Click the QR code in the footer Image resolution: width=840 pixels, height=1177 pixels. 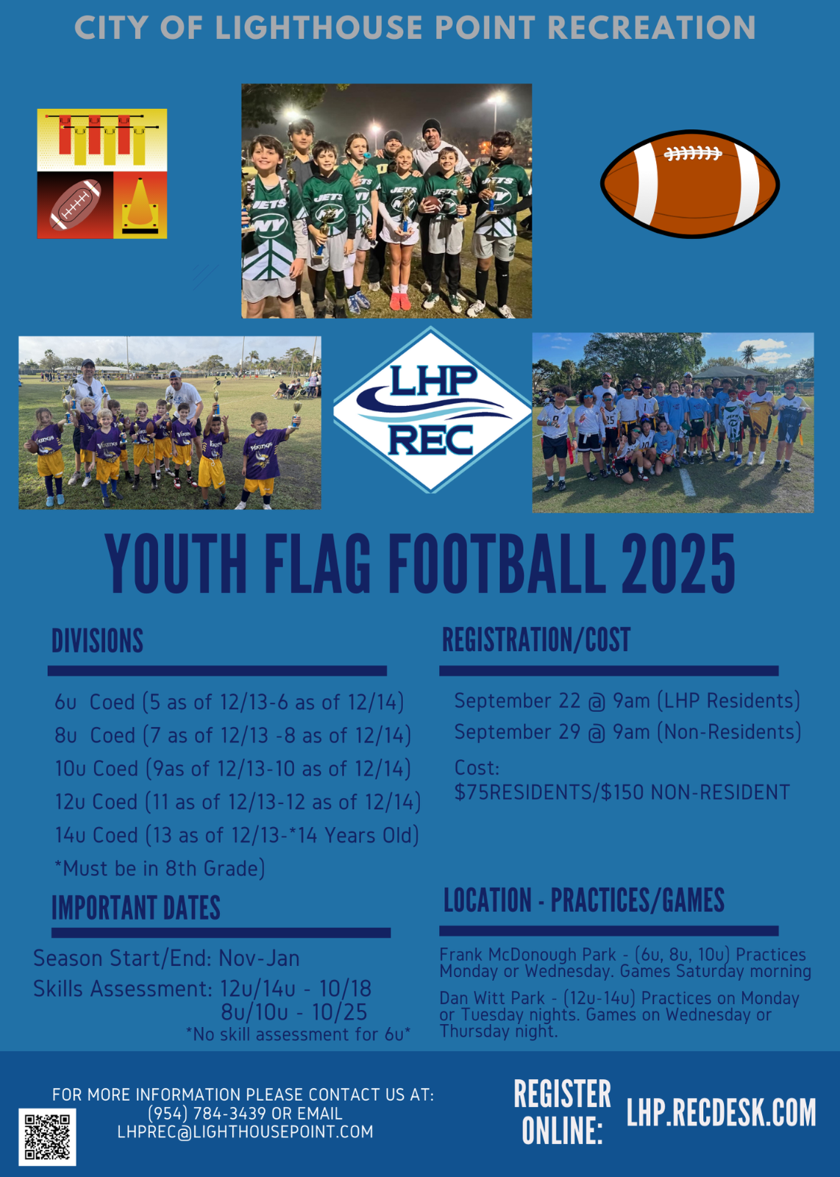[x=47, y=1137]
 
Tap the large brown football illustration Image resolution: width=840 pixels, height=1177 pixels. [x=690, y=184]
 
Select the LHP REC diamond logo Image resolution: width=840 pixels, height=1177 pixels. [x=432, y=409]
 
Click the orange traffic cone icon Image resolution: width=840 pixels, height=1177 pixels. [x=140, y=206]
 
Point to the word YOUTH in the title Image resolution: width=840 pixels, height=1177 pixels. [x=176, y=563]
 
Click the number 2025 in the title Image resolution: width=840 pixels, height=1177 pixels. [x=677, y=563]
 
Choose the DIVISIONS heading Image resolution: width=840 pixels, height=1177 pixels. [x=97, y=641]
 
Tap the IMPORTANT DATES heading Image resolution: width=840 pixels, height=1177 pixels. [x=135, y=908]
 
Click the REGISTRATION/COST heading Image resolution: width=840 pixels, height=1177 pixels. [x=535, y=639]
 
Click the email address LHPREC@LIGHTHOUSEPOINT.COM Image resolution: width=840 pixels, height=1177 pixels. [x=246, y=1131]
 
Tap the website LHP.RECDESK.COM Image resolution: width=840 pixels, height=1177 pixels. [x=721, y=1112]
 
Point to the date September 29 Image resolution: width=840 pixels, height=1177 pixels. [x=517, y=732]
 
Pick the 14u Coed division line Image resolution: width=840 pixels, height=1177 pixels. [x=237, y=835]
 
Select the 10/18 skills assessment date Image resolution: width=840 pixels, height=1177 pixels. [x=345, y=989]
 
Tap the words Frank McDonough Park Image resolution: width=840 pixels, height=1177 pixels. [x=527, y=954]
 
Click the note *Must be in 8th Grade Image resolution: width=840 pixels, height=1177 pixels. [x=160, y=869]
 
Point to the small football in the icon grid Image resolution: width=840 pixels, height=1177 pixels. [x=75, y=205]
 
